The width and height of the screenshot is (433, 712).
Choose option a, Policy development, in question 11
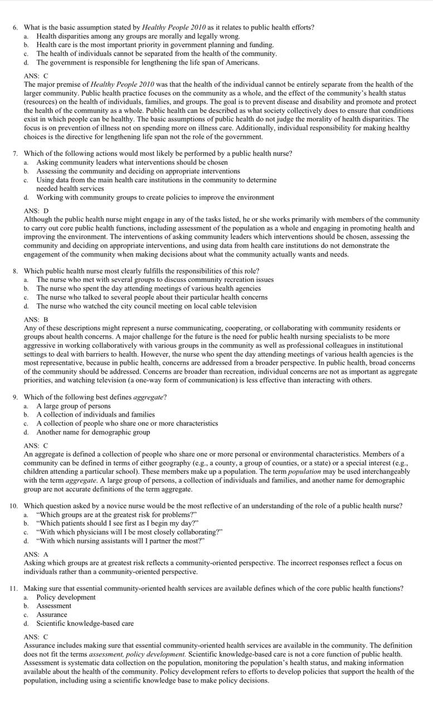(x=66, y=597)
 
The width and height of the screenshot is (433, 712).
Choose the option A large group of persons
(x=74, y=406)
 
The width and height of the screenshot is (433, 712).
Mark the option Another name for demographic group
(x=93, y=432)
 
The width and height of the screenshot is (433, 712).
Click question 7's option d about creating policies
(x=155, y=197)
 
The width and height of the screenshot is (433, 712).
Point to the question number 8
(x=15, y=271)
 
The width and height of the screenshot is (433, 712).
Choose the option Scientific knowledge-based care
(x=85, y=624)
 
